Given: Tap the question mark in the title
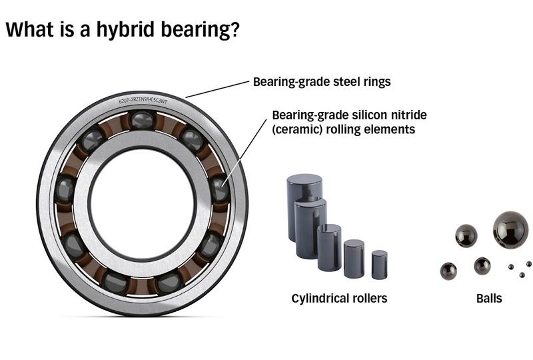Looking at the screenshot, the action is [x=234, y=29].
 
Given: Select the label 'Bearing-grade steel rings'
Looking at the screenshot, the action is [x=322, y=82].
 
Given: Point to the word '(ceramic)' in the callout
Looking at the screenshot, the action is [x=297, y=129].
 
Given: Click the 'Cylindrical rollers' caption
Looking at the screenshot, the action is [x=339, y=299].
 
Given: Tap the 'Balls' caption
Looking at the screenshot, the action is [x=489, y=299].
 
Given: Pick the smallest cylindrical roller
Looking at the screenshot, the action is [x=379, y=265].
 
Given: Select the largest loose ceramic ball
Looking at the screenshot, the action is [x=511, y=228].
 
